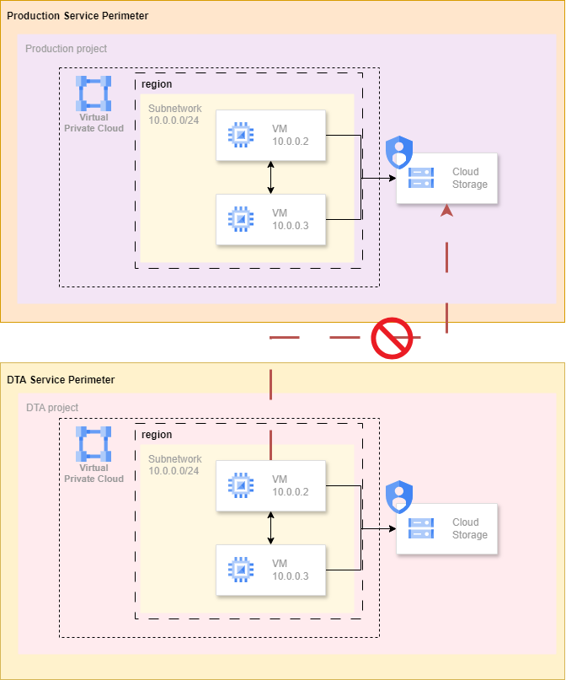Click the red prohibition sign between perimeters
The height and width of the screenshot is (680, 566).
[x=392, y=339]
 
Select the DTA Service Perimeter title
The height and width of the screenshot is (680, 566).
[x=61, y=380]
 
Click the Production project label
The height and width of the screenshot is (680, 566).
[x=66, y=49]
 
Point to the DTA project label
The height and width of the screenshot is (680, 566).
[x=52, y=408]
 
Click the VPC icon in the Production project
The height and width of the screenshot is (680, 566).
[x=93, y=94]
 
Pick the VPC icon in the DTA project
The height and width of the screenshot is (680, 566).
[x=93, y=444]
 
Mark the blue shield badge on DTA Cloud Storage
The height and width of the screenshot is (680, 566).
[x=398, y=496]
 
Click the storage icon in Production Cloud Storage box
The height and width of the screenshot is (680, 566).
[x=420, y=178]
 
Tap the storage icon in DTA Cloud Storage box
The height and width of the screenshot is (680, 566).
[x=420, y=528]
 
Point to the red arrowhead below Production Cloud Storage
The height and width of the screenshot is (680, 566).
[x=446, y=211]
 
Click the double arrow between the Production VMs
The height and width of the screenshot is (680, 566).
[x=270, y=177]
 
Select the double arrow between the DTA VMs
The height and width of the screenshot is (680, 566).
[x=270, y=527]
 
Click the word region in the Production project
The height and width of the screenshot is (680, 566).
[x=157, y=84]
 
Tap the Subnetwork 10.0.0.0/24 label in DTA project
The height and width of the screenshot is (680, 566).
[x=174, y=465]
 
